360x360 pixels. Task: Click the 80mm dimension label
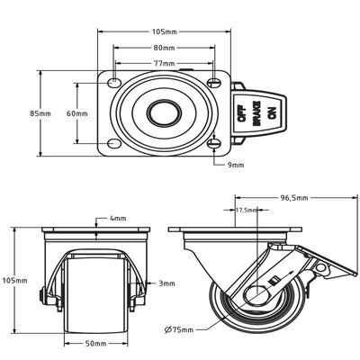coord(164,47)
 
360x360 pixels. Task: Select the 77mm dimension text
coord(164,64)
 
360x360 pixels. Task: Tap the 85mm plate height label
coord(40,113)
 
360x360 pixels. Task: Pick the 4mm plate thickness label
coord(117,219)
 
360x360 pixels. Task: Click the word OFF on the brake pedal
coord(240,113)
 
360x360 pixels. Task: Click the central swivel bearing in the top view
coord(164,113)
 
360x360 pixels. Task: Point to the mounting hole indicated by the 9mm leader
coord(214,144)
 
